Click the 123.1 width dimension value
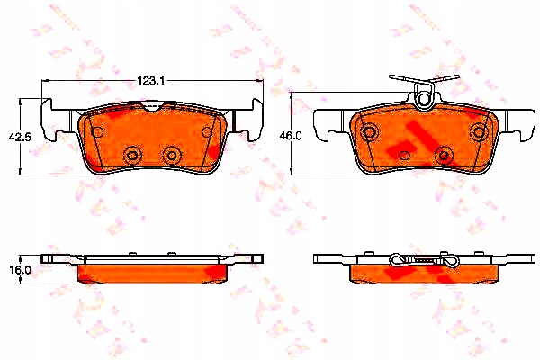(151, 81)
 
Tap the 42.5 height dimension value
(20, 137)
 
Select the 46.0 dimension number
(292, 136)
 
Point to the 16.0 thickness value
(21, 270)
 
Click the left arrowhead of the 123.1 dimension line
(44, 81)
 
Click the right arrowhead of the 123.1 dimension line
(260, 81)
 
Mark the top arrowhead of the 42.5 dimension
(20, 101)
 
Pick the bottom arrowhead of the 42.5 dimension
(20, 172)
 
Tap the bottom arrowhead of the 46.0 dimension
(292, 172)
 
